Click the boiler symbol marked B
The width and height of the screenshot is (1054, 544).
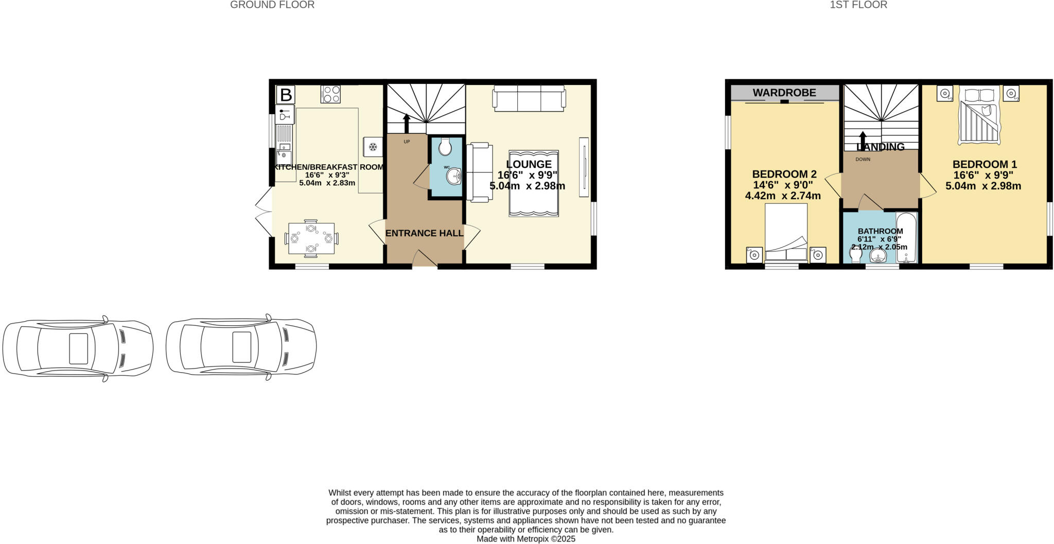coord(286,95)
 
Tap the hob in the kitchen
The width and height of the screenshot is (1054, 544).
coord(330,94)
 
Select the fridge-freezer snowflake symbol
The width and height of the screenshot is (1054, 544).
coord(373,147)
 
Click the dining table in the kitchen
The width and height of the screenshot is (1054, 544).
coord(311,238)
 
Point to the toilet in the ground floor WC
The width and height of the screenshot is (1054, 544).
coord(445,146)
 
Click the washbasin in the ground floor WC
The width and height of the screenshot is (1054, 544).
coord(453,177)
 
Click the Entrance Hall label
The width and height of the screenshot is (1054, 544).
coord(424,233)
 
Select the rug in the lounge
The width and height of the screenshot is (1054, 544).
coord(534,183)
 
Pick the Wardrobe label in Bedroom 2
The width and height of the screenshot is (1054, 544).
coord(784,93)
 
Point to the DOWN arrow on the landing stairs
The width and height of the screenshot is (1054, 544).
coord(863,140)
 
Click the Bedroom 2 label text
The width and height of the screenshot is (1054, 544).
coord(784,174)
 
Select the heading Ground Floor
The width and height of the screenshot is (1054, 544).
coord(272,5)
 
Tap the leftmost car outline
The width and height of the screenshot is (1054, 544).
coord(78,348)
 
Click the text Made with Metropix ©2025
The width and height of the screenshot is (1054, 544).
coord(525,539)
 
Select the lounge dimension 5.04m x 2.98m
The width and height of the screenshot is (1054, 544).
coord(527,186)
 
